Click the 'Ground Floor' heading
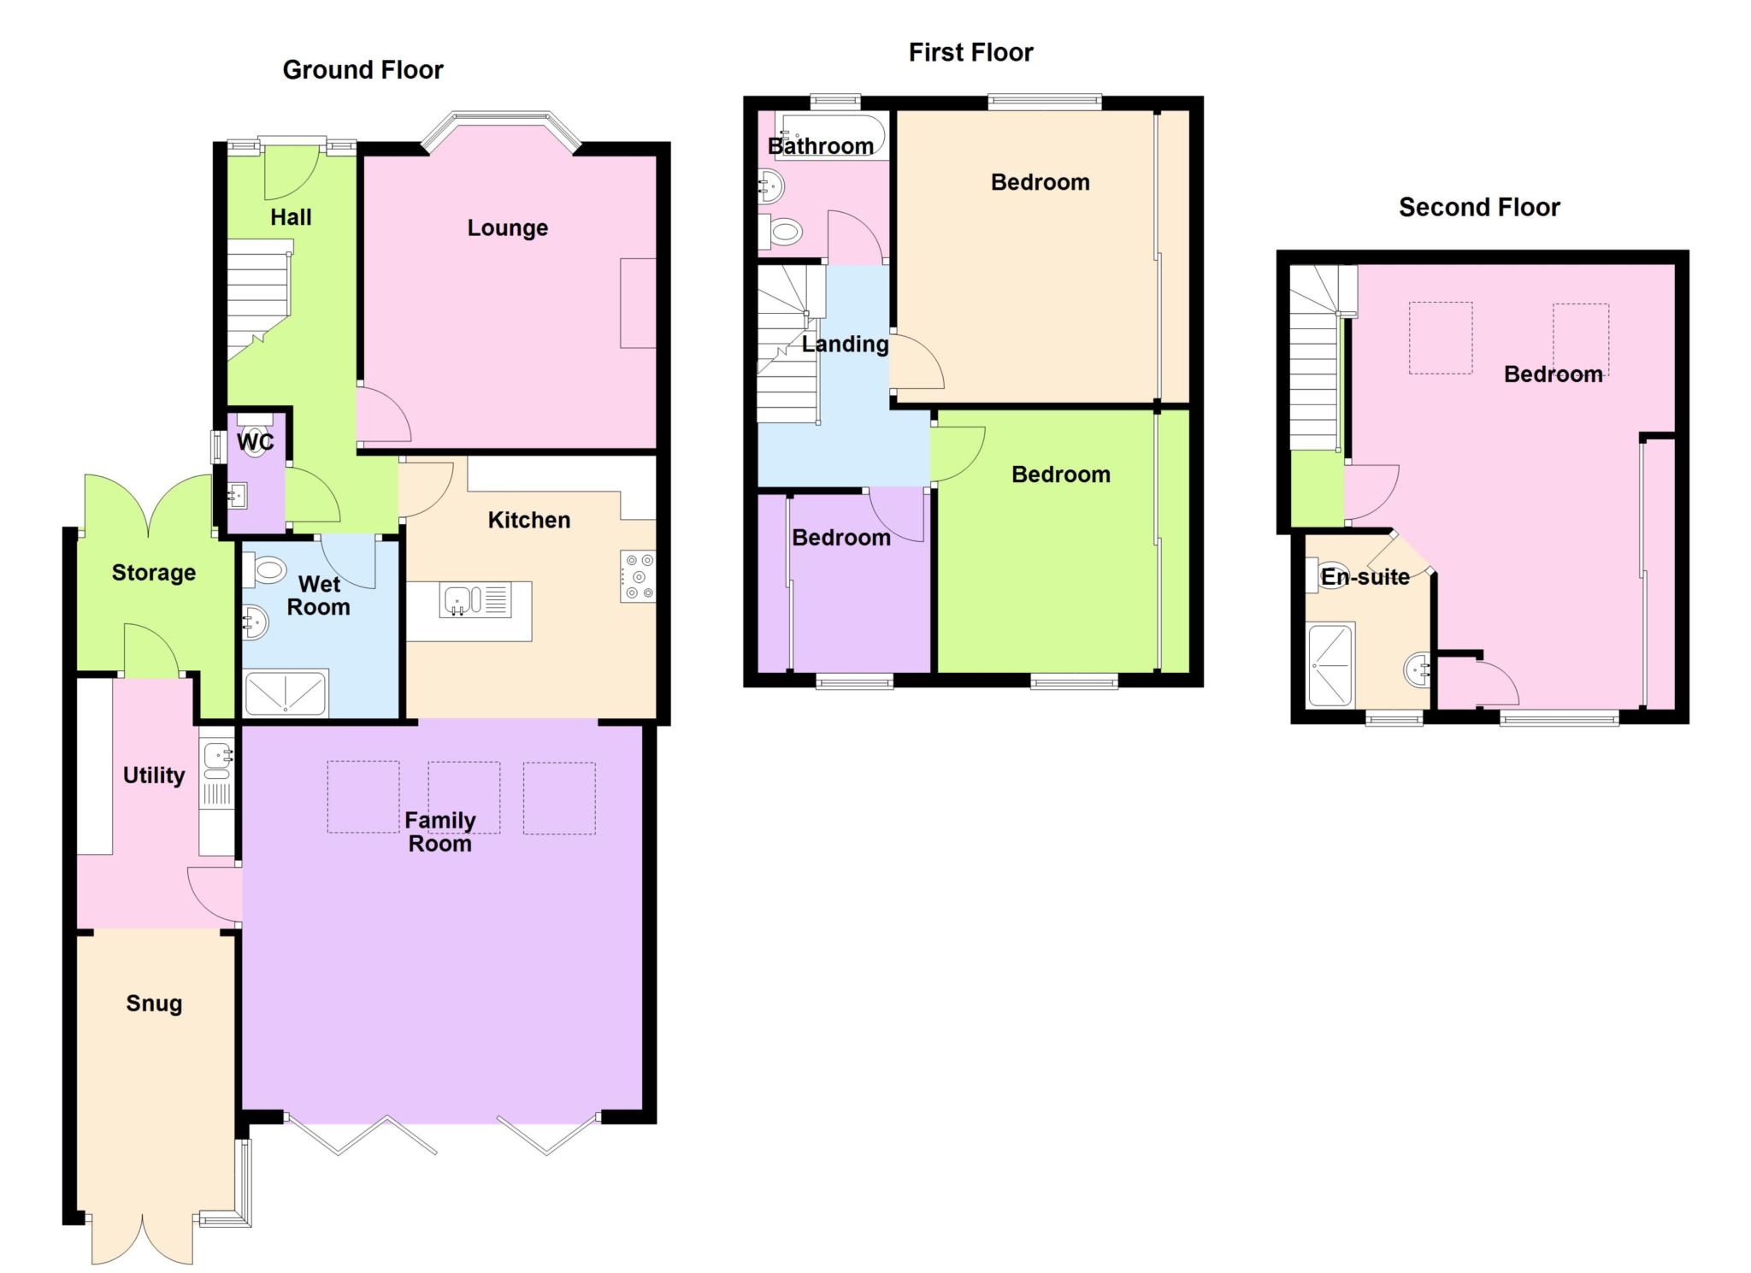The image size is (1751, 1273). (x=363, y=70)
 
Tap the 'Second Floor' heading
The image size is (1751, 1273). (x=1479, y=207)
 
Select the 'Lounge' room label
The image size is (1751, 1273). (x=507, y=228)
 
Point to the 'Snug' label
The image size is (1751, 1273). (x=154, y=1004)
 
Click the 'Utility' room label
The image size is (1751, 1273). (x=154, y=775)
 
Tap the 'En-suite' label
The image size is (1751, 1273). (x=1365, y=577)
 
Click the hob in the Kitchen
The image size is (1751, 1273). (x=638, y=576)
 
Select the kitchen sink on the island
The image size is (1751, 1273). (x=475, y=599)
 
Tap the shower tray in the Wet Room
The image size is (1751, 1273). (x=286, y=693)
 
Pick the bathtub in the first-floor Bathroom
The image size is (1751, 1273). (x=830, y=137)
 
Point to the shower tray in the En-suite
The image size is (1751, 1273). (x=1331, y=665)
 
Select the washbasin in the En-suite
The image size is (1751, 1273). (x=1418, y=669)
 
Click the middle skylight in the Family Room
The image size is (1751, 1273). (x=463, y=797)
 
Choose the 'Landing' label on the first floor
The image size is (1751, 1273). (x=845, y=345)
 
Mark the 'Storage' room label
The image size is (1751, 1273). (x=154, y=573)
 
